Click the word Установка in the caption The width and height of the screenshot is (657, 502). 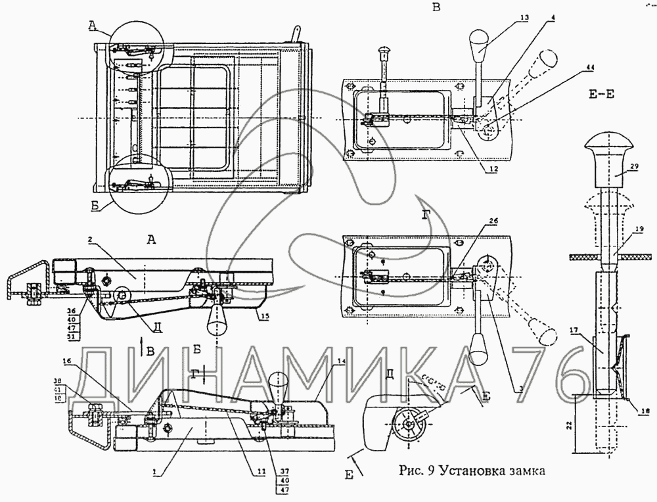[472, 470]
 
